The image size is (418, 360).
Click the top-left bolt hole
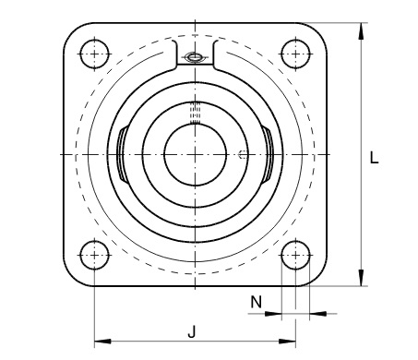click(94, 54)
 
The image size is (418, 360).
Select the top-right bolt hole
click(295, 54)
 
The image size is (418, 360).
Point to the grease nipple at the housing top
click(195, 59)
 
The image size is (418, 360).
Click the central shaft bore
click(195, 154)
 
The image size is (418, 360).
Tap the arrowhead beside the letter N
click(273, 314)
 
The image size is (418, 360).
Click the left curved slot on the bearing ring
click(123, 154)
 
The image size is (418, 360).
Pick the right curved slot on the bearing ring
click(267, 154)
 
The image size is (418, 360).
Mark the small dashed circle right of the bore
click(242, 154)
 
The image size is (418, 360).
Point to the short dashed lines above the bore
click(195, 114)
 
